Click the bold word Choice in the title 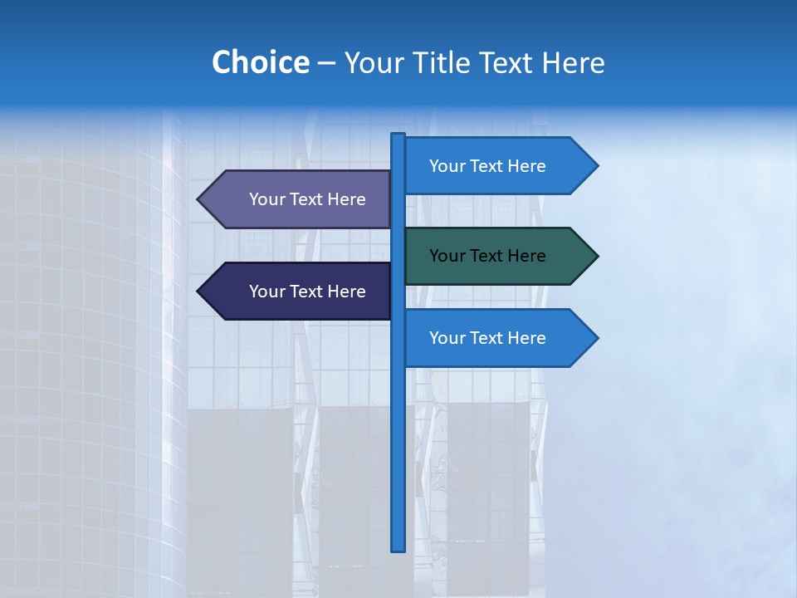pyautogui.click(x=260, y=62)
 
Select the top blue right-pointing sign pyautogui.click(x=498, y=166)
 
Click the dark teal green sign pyautogui.click(x=498, y=256)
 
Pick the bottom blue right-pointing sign pyautogui.click(x=498, y=338)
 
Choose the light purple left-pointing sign pyautogui.click(x=299, y=199)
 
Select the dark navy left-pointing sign pyautogui.click(x=299, y=292)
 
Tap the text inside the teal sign pyautogui.click(x=487, y=256)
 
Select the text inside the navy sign pyautogui.click(x=307, y=292)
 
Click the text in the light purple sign pyautogui.click(x=307, y=199)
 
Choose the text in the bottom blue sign pyautogui.click(x=487, y=338)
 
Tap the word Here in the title pyautogui.click(x=573, y=62)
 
